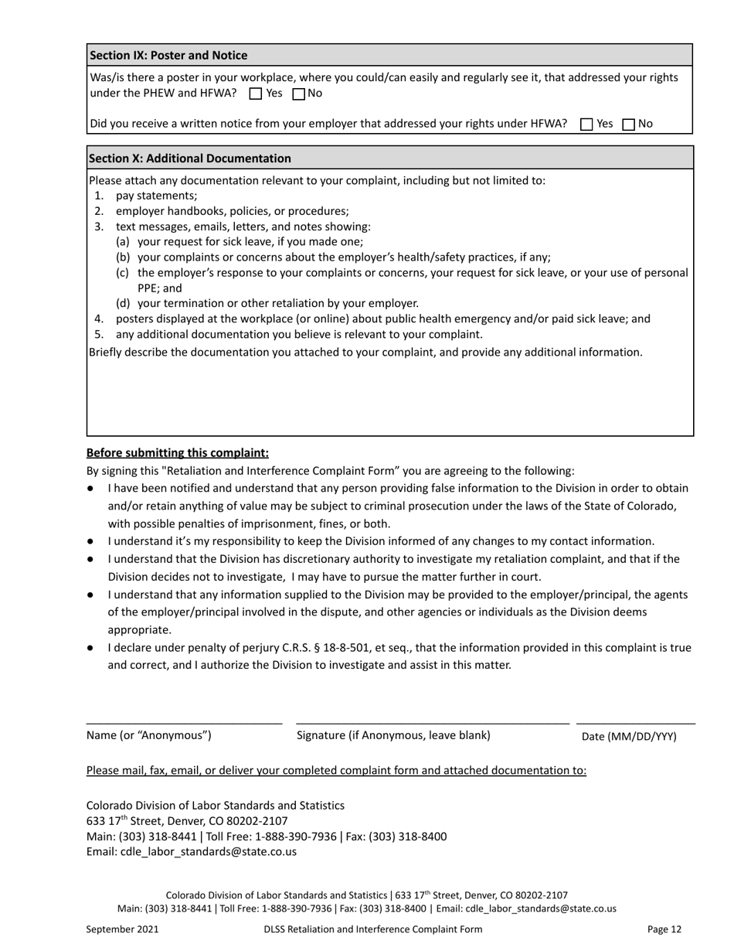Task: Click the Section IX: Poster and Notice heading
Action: click(168, 56)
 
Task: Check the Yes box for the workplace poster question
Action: click(257, 94)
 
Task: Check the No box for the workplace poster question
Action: click(299, 94)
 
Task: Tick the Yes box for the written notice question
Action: click(586, 124)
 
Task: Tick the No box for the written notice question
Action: click(628, 124)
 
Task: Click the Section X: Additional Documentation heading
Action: click(190, 158)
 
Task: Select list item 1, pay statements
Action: click(156, 196)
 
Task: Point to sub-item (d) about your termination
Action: click(277, 303)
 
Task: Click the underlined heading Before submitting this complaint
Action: click(178, 453)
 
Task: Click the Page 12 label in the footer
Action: click(664, 929)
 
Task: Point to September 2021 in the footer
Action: click(122, 929)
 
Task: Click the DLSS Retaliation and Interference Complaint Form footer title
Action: click(372, 929)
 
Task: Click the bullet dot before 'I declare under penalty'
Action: click(90, 648)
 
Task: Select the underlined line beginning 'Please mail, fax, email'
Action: click(336, 770)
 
